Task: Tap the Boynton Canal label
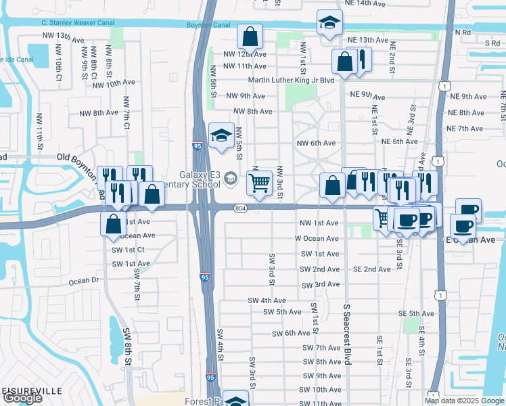click(x=208, y=25)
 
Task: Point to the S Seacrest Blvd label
click(x=346, y=334)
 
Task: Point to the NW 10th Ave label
click(x=114, y=83)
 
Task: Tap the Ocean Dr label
click(x=84, y=281)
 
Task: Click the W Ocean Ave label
click(x=316, y=239)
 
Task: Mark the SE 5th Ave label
click(x=416, y=313)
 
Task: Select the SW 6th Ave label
click(x=291, y=334)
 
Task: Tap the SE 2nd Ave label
click(x=371, y=269)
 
